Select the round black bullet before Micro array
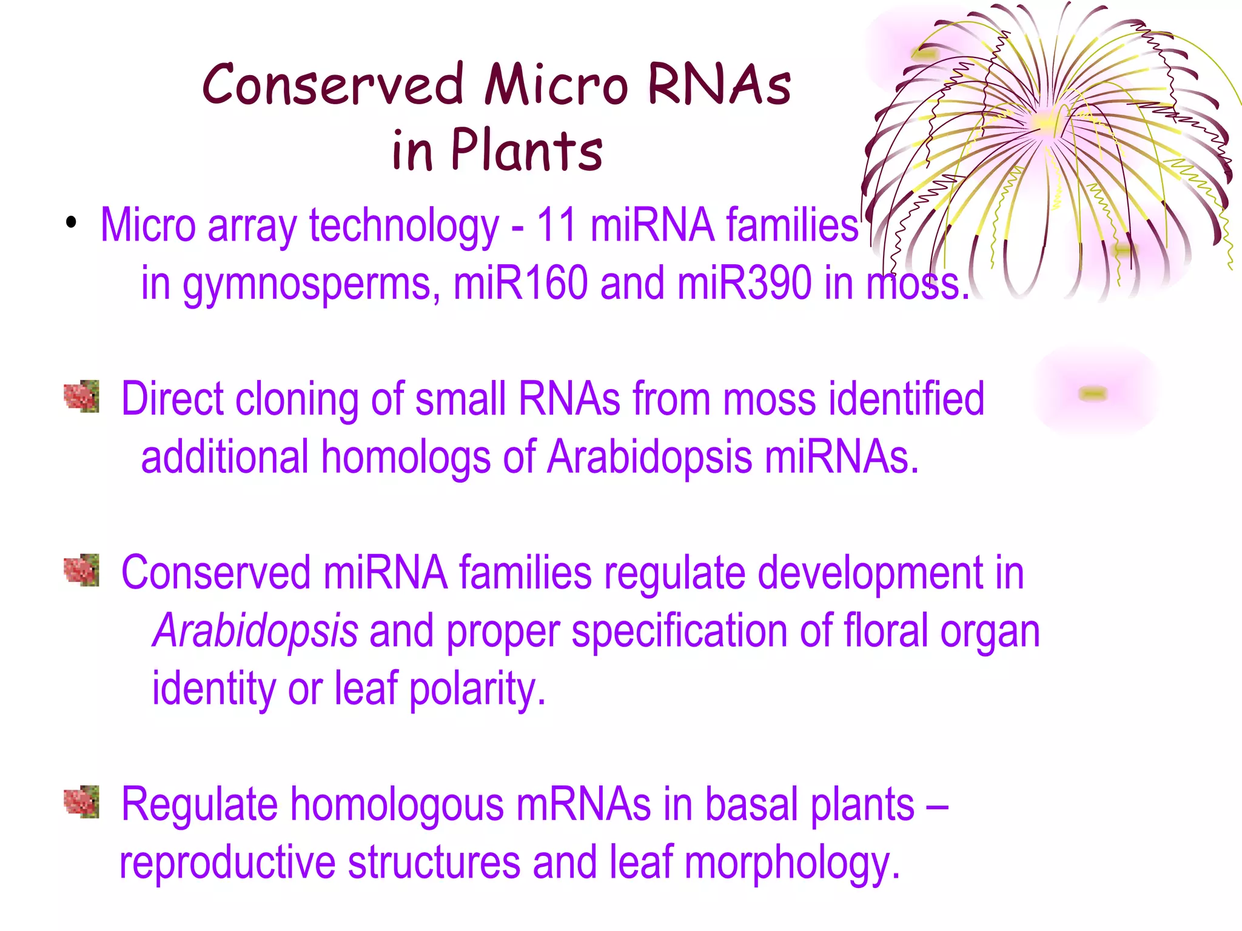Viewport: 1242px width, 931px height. click(x=72, y=222)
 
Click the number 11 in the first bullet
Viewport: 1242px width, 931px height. click(x=556, y=225)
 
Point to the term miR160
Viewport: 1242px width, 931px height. click(x=520, y=283)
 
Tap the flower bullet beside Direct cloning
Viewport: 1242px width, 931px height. click(x=82, y=397)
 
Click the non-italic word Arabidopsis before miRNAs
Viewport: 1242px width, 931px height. click(x=649, y=457)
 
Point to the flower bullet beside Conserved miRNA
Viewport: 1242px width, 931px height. click(x=82, y=570)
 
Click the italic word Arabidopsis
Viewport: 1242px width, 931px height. click(x=255, y=631)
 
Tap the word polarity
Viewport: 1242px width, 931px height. click(x=477, y=690)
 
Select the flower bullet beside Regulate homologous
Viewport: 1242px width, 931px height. click(x=82, y=803)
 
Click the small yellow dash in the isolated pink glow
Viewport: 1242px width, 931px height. click(x=1093, y=394)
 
